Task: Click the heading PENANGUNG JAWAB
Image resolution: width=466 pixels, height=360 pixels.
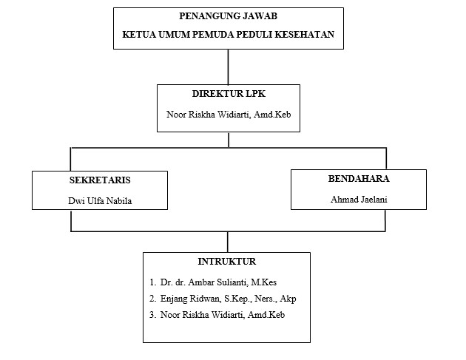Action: (x=228, y=18)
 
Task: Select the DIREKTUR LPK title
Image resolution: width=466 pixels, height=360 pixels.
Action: (x=228, y=95)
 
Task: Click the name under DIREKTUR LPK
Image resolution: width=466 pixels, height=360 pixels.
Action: (x=228, y=115)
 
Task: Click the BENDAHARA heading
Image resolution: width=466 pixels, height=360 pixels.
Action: (x=358, y=179)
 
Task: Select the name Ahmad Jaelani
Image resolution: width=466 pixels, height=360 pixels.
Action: (x=358, y=199)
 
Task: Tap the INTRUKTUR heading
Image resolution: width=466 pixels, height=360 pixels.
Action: (x=227, y=262)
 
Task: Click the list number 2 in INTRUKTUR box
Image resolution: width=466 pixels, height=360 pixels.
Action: (x=152, y=298)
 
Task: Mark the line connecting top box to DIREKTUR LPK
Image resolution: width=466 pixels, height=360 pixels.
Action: (x=228, y=66)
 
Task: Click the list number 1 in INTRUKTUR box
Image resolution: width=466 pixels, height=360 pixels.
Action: (x=152, y=282)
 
